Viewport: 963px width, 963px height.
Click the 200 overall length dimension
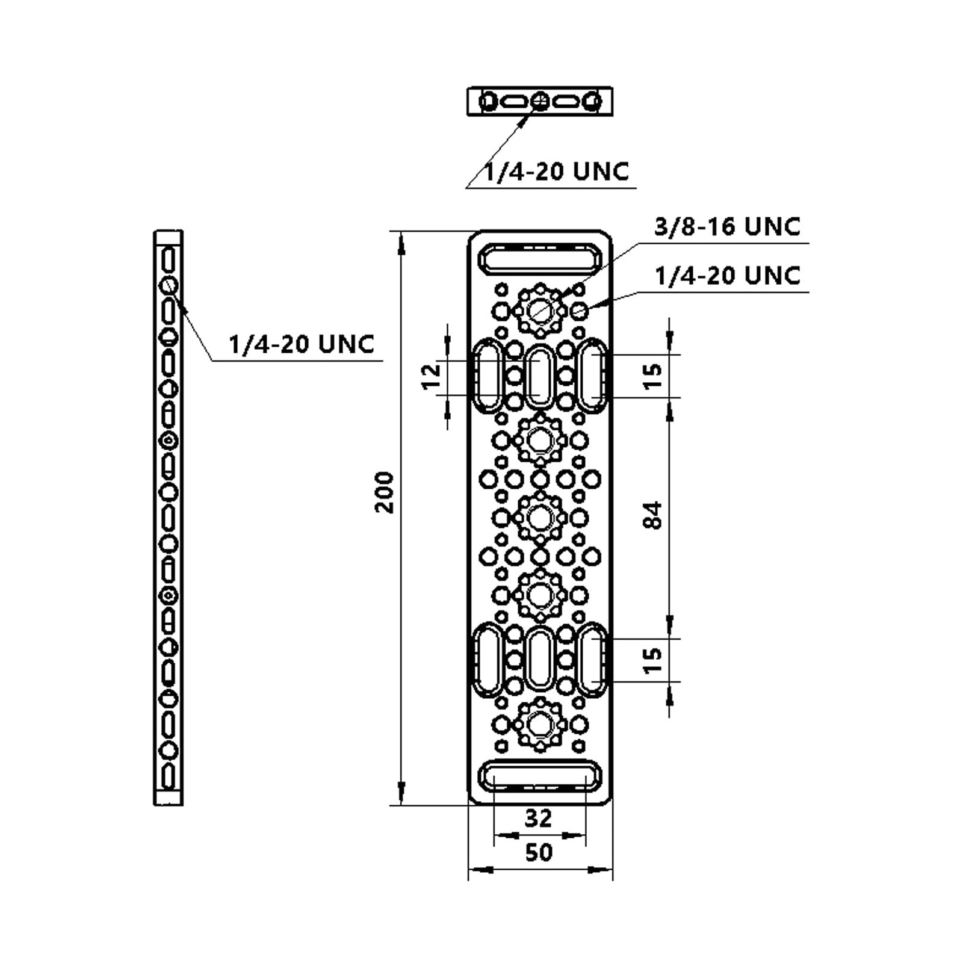[x=384, y=492]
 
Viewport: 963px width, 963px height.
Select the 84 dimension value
[x=652, y=515]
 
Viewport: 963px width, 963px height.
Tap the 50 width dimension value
[x=539, y=852]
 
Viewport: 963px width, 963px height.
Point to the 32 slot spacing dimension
[x=539, y=818]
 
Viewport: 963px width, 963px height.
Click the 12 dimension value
[x=432, y=377]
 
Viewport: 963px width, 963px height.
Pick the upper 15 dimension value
[x=652, y=376]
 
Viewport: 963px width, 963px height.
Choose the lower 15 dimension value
[x=652, y=660]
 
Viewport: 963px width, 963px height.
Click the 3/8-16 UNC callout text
[x=728, y=227]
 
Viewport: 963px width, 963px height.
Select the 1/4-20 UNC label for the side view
[x=302, y=344]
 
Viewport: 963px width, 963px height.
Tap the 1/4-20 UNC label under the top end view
[x=557, y=172]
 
